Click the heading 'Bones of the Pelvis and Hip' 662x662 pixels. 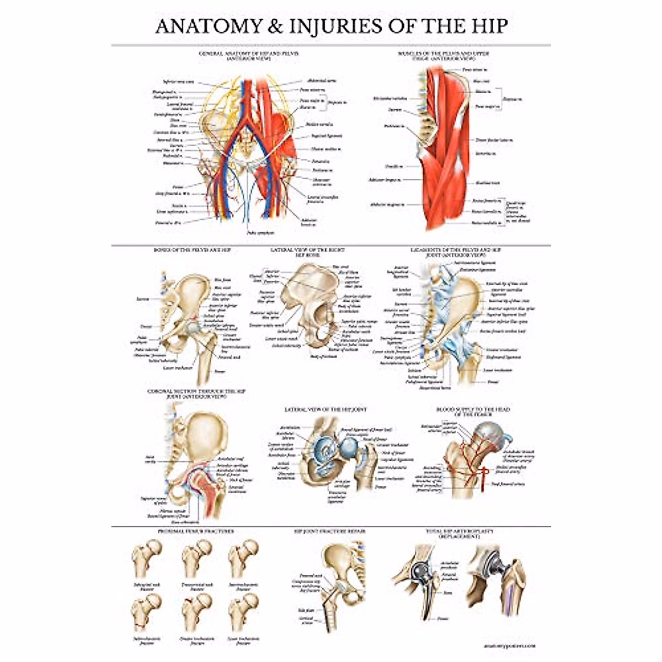[x=191, y=250]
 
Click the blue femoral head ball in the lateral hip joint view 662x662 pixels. [x=349, y=447]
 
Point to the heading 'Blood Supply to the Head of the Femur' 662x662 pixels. [x=473, y=412]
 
